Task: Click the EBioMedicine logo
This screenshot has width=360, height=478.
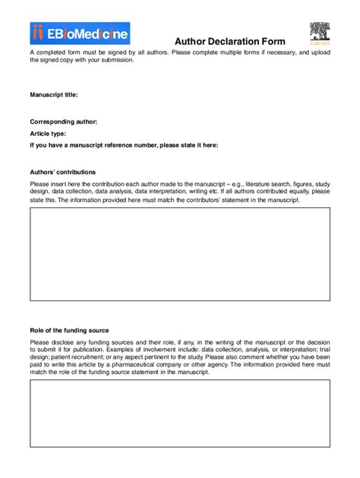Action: [x=80, y=33]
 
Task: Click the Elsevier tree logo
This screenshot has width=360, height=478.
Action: [x=319, y=34]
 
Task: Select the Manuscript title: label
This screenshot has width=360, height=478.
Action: [x=54, y=95]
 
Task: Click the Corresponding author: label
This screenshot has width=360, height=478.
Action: [x=63, y=121]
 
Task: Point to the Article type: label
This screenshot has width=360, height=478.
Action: [x=53, y=133]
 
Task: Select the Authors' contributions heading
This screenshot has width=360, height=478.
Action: [x=62, y=172]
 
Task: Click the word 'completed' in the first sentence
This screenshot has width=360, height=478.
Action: [x=52, y=52]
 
